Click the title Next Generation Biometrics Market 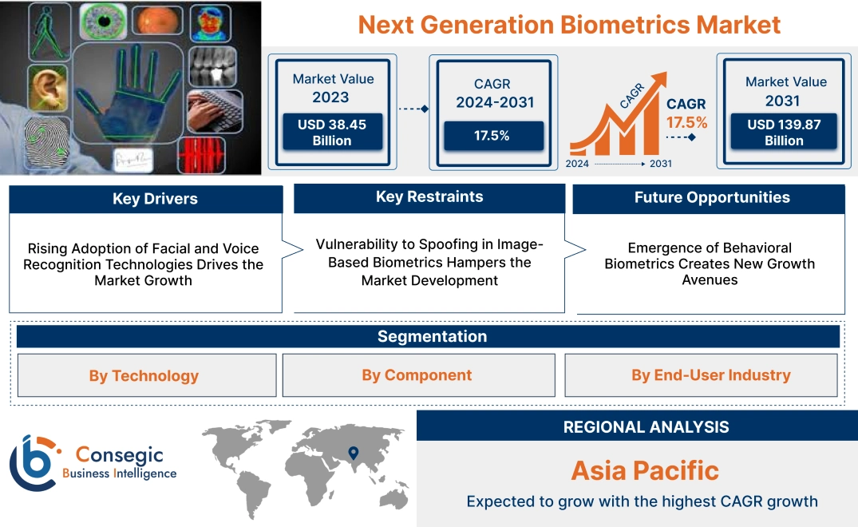[x=568, y=24]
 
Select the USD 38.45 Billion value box [x=331, y=133]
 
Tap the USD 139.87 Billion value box [x=784, y=133]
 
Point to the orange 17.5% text [x=686, y=122]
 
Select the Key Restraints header [x=429, y=197]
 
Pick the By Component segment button [x=417, y=375]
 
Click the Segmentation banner [x=432, y=336]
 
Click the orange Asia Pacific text [x=645, y=470]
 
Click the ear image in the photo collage [x=47, y=88]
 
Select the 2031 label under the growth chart [x=660, y=164]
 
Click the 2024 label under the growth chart [x=579, y=164]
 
